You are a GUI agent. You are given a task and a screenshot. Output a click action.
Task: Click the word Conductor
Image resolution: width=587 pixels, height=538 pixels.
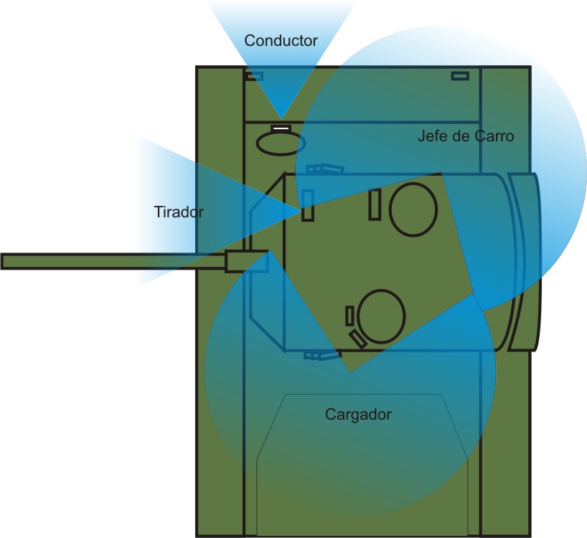(281, 40)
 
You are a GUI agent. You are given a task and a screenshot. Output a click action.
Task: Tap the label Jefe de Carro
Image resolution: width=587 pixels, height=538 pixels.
(466, 136)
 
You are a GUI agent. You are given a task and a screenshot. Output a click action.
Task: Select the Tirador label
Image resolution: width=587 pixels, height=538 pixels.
(179, 212)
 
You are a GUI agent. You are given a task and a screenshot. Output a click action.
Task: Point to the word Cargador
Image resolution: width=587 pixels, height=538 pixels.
(358, 414)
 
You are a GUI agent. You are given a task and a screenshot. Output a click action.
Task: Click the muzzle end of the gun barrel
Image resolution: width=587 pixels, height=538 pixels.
(4, 261)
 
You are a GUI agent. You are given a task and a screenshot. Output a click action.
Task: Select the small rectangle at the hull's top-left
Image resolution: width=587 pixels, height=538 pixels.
(255, 76)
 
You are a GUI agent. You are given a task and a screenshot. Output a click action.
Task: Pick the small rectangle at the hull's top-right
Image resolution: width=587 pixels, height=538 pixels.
(460, 75)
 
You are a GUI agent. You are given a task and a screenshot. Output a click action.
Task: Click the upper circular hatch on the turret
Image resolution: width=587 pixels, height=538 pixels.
(413, 209)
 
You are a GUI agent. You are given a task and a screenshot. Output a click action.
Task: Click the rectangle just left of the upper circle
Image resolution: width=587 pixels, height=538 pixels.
(375, 204)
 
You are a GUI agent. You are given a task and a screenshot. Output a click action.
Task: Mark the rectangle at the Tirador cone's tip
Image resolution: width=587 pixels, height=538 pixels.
(308, 205)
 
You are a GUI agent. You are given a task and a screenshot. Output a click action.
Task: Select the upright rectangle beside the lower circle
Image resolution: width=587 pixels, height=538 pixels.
(349, 316)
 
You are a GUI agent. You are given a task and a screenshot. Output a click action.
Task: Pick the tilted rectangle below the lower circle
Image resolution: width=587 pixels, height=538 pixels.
(357, 339)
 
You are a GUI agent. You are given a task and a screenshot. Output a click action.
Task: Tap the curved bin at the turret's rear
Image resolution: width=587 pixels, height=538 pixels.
(525, 262)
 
